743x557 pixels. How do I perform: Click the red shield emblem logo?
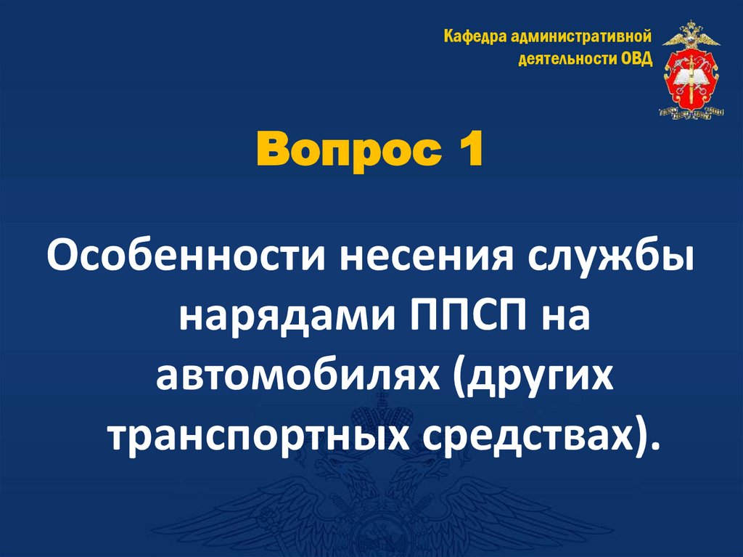(x=690, y=81)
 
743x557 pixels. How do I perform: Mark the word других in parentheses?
(x=534, y=379)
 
